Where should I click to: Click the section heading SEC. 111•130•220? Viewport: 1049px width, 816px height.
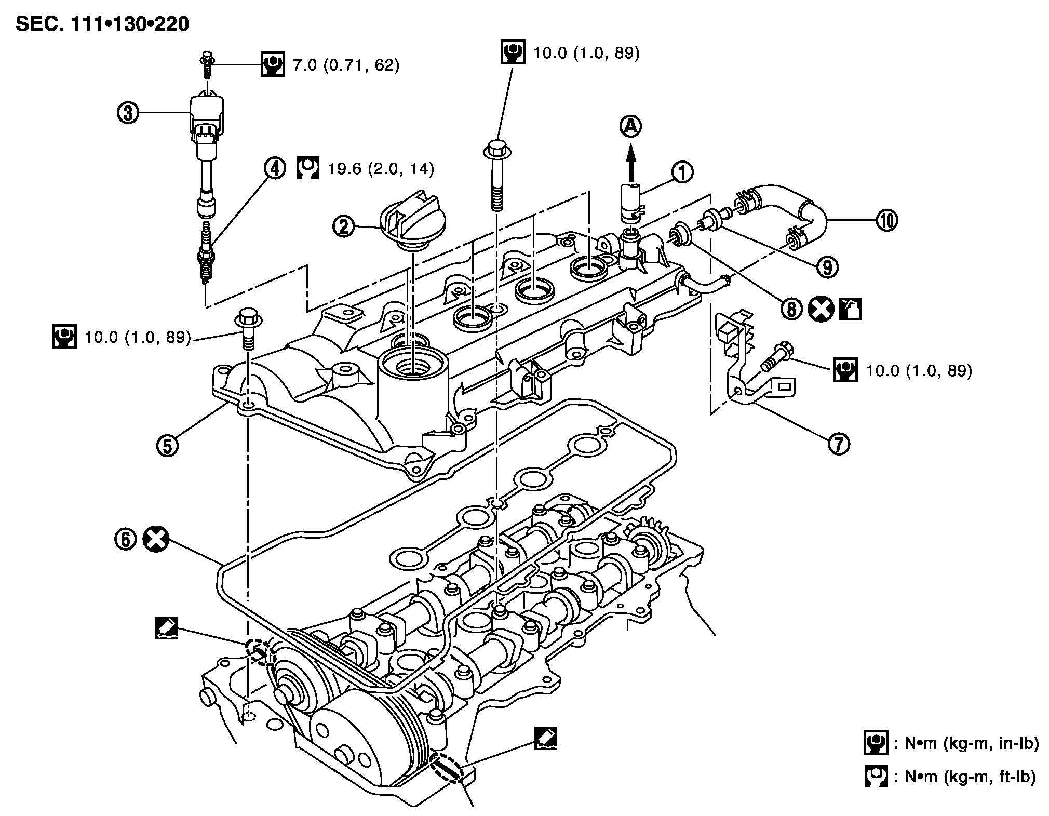pos(102,24)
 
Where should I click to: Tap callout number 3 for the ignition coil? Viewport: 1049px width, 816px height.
pos(128,113)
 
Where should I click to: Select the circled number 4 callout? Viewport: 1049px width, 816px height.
pos(275,168)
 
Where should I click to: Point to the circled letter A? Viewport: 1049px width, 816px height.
pos(631,126)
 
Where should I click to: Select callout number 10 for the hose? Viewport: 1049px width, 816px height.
pos(886,220)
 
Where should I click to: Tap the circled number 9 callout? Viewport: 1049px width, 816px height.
pos(827,267)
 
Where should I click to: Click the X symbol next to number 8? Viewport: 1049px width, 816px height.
pos(821,310)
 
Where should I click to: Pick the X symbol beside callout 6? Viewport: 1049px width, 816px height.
pos(156,539)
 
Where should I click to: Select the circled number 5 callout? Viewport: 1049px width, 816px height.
pos(168,446)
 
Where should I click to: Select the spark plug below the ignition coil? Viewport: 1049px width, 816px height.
pos(206,253)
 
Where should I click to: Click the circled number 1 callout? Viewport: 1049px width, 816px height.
pos(682,172)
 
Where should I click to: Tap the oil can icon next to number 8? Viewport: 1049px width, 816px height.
pos(851,310)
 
